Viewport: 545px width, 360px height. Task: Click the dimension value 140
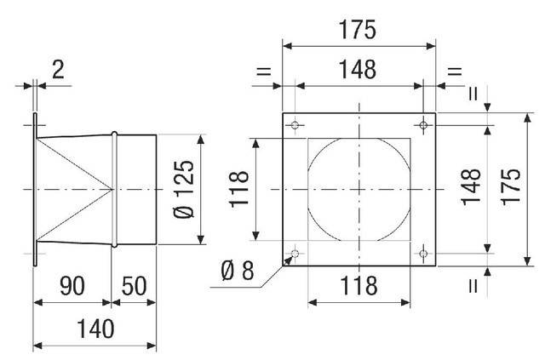pos(95,329)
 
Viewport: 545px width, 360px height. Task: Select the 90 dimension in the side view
pos(72,286)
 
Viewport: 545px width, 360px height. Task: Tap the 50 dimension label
pos(134,286)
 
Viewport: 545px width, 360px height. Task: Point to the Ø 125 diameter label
pos(184,190)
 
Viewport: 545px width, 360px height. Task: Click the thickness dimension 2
pos(58,70)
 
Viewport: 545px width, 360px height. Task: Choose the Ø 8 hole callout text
pos(238,271)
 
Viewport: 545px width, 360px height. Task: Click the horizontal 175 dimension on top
pos(358,30)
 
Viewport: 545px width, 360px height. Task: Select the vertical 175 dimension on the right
pos(510,186)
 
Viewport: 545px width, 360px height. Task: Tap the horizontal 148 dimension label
pos(358,70)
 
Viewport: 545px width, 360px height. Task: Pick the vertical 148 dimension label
pos(471,186)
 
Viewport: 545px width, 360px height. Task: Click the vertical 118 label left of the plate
pos(239,190)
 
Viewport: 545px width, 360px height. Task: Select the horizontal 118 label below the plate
pos(359,286)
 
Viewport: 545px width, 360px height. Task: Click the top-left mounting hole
pos(295,125)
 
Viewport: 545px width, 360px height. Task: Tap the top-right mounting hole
pos(423,125)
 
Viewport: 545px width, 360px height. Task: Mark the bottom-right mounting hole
pos(423,254)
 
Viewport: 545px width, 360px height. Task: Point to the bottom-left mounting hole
pos(295,254)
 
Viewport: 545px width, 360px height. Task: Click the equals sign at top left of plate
pos(263,71)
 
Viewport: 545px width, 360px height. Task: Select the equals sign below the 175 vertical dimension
pos(473,286)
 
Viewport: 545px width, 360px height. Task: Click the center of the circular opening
pos(359,190)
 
